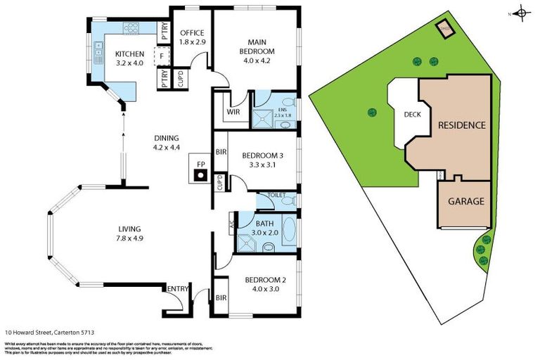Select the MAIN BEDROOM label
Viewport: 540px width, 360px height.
[x=255, y=45]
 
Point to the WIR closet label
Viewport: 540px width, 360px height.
[x=233, y=112]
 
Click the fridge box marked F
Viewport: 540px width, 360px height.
[x=162, y=56]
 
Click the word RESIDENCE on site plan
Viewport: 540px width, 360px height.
[x=461, y=125]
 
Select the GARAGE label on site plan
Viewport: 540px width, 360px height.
[x=466, y=201]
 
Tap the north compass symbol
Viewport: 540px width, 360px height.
[x=520, y=13]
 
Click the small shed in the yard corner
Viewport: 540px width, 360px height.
[x=444, y=29]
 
